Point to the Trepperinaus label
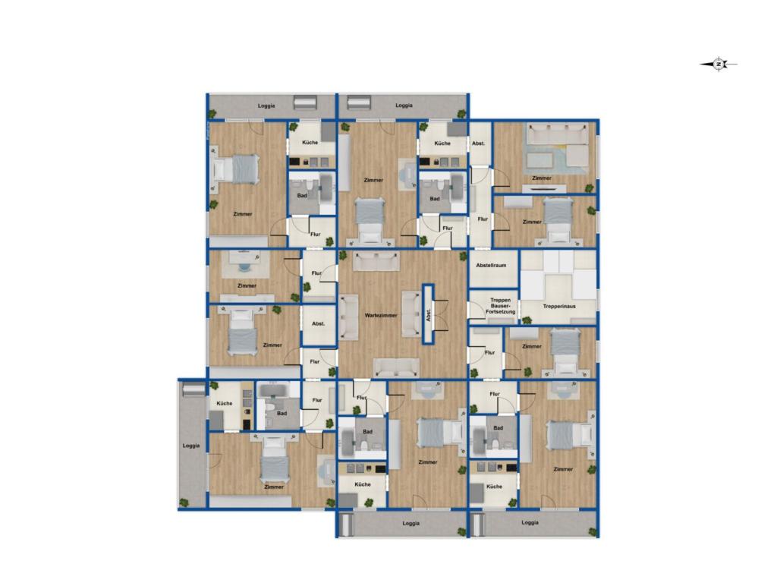pyautogui.click(x=558, y=306)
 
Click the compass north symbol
pyautogui.click(x=719, y=65)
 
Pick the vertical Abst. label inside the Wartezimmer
pyautogui.click(x=429, y=313)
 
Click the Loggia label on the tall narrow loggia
pyautogui.click(x=191, y=446)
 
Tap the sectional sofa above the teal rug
pyautogui.click(x=558, y=135)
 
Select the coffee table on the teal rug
pyautogui.click(x=541, y=160)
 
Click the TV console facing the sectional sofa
pyautogui.click(x=546, y=185)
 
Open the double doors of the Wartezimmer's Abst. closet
pyautogui.click(x=438, y=313)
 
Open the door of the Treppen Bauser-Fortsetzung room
pyautogui.click(x=474, y=310)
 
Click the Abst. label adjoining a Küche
pyautogui.click(x=478, y=143)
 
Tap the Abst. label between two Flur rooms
pyautogui.click(x=318, y=324)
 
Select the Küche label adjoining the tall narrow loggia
pyautogui.click(x=224, y=403)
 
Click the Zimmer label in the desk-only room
pyautogui.click(x=246, y=285)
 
